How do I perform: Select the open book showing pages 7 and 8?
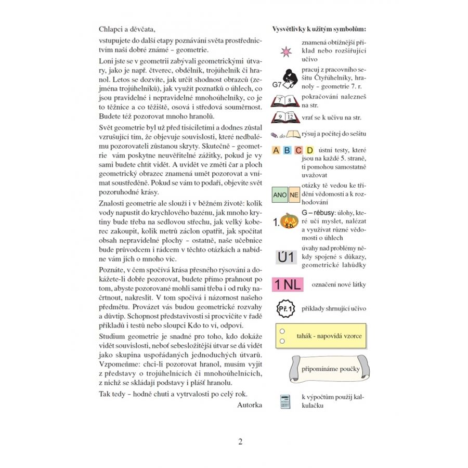pyautogui.click(x=285, y=100)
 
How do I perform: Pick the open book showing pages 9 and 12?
pyautogui.click(x=285, y=118)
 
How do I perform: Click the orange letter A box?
pyautogui.click(x=277, y=151)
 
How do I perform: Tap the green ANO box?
pyautogui.click(x=280, y=196)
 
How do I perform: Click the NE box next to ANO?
pyautogui.click(x=294, y=196)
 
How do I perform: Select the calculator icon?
pyautogui.click(x=285, y=401)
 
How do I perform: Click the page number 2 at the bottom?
pyautogui.click(x=240, y=442)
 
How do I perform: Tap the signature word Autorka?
pyautogui.click(x=249, y=404)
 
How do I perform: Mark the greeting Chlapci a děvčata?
pyautogui.click(x=127, y=29)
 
